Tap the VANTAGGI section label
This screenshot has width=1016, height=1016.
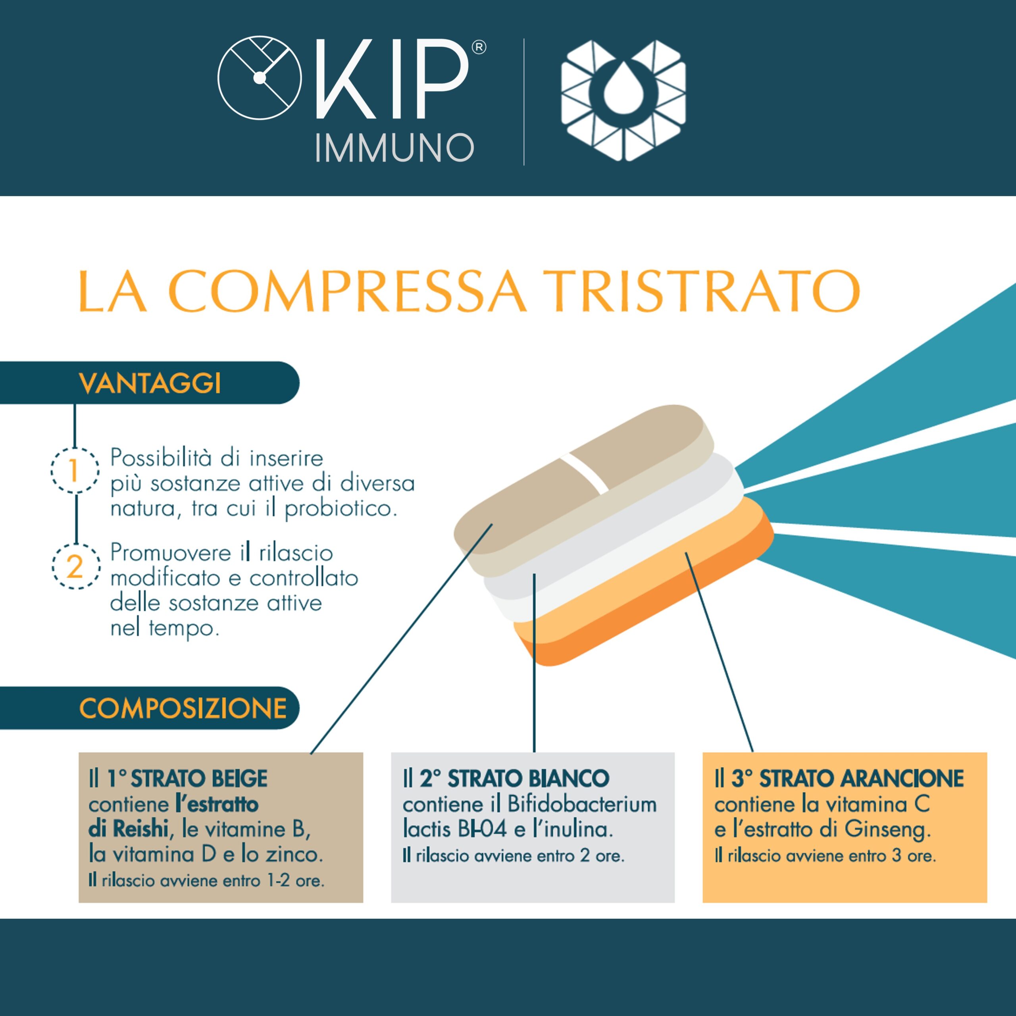pyautogui.click(x=150, y=383)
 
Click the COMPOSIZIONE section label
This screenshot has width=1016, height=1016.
pyautogui.click(x=183, y=708)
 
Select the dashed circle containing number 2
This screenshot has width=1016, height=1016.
pyautogui.click(x=75, y=566)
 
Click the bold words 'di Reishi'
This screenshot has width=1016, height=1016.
pyautogui.click(x=128, y=829)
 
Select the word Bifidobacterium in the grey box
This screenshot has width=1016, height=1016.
pyautogui.click(x=582, y=804)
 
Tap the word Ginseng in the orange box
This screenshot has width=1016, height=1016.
pyautogui.click(x=888, y=830)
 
